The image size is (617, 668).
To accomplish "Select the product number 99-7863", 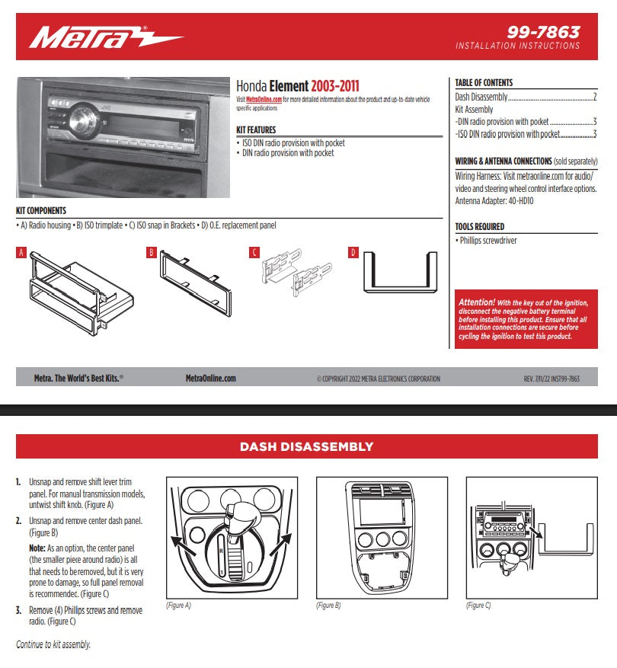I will point(543,32).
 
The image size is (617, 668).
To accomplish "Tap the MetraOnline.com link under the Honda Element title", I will point(264,100).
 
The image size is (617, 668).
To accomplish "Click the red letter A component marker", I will point(21,252).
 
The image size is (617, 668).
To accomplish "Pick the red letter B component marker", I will point(152,252).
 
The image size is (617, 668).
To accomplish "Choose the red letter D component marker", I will point(353,252).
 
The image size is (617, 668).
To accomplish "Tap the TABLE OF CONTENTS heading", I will point(484,82).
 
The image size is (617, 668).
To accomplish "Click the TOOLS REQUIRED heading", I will point(479,226).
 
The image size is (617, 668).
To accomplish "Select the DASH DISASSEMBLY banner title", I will point(307,446).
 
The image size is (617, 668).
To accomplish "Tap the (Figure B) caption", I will point(328,606).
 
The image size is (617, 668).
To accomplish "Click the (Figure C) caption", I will point(478,606).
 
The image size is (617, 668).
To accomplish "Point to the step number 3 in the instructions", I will point(18,611).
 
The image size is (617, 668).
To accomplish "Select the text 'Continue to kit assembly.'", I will point(53,644).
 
